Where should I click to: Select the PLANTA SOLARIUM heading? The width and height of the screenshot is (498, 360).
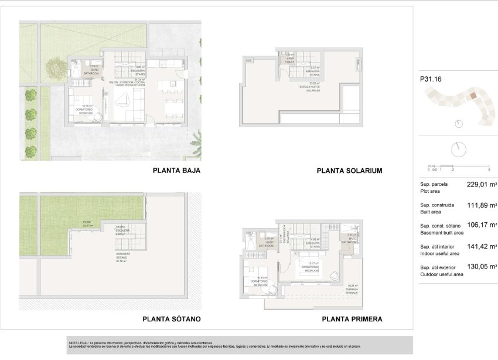[349, 171]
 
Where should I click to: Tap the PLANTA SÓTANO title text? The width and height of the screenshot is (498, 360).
[172, 320]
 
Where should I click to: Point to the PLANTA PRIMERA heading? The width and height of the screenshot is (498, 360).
[352, 320]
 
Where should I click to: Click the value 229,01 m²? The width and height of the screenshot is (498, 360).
[482, 184]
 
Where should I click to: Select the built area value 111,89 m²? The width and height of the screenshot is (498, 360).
[482, 205]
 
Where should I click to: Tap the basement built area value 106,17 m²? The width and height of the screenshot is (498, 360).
[482, 225]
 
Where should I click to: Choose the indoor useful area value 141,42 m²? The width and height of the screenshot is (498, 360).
[482, 247]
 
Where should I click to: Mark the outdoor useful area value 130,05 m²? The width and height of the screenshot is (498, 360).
[482, 267]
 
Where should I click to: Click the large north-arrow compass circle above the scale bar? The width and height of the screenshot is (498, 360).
[458, 149]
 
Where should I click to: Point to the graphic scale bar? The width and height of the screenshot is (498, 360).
[458, 166]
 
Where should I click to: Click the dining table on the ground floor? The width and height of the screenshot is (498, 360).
[173, 107]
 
